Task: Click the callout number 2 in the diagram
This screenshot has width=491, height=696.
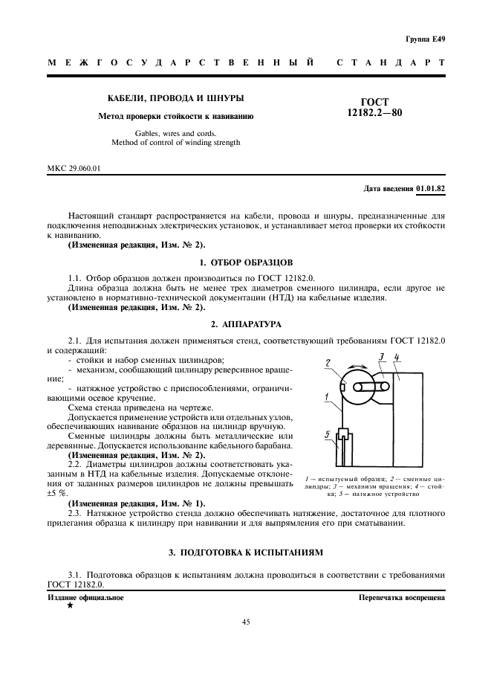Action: (x=328, y=362)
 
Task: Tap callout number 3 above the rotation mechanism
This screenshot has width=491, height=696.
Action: (x=382, y=357)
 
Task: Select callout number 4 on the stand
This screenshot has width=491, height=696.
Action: (x=397, y=358)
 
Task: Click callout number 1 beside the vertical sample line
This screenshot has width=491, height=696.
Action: (x=326, y=399)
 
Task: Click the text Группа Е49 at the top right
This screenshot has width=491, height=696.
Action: (x=425, y=38)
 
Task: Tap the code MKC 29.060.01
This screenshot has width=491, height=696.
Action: (x=74, y=168)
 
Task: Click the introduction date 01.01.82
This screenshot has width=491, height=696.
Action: (x=430, y=189)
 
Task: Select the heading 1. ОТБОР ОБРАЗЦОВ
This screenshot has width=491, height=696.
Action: (x=246, y=262)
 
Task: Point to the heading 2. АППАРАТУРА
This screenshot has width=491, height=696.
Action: (x=246, y=325)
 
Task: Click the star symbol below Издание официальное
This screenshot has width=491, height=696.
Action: (x=70, y=606)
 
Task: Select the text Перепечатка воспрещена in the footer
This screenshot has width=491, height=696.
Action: (x=401, y=597)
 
